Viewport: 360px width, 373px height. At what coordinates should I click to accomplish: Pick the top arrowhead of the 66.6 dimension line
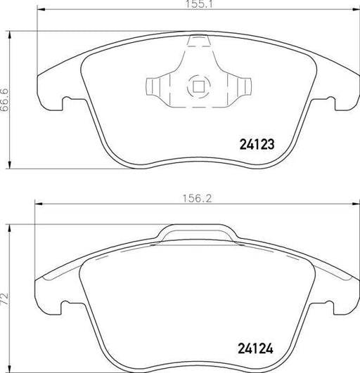pos(11,33)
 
